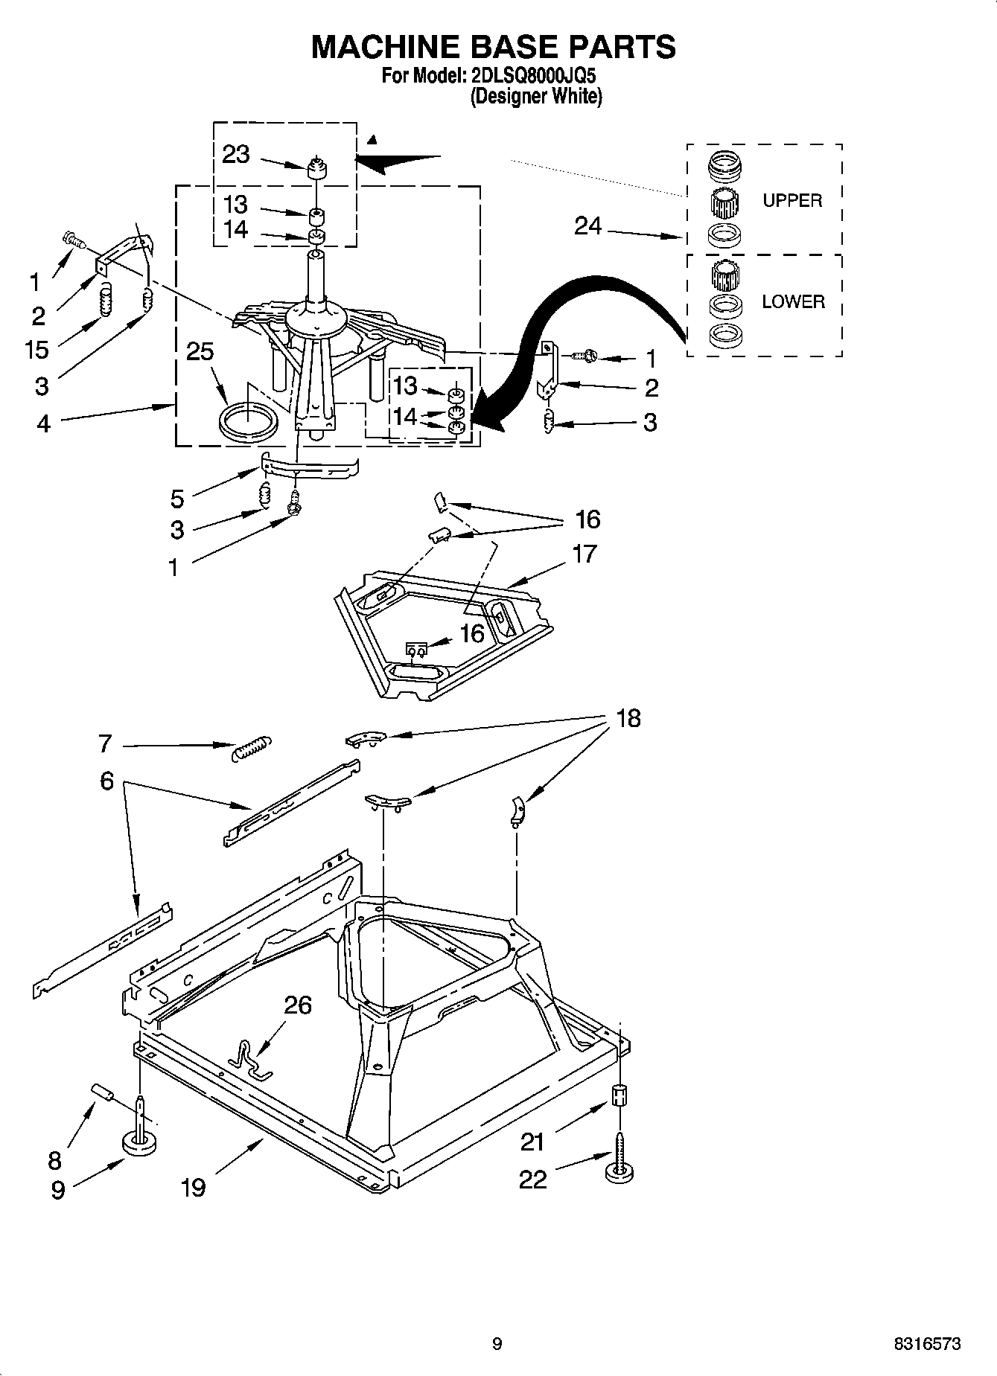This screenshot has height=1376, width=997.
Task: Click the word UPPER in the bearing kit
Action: pyautogui.click(x=792, y=200)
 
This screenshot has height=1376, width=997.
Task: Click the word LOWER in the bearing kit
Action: pyautogui.click(x=793, y=301)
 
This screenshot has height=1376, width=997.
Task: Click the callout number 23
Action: pyautogui.click(x=236, y=154)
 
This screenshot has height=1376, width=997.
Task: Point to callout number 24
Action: pyautogui.click(x=587, y=225)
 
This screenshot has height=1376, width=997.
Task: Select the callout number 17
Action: pyautogui.click(x=585, y=554)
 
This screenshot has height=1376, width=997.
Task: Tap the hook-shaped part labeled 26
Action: pyautogui.click(x=250, y=1058)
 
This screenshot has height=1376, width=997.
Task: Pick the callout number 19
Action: pyautogui.click(x=193, y=1186)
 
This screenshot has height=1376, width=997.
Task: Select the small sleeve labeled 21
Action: pyautogui.click(x=619, y=1097)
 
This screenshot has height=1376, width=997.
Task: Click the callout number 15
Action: pyautogui.click(x=36, y=349)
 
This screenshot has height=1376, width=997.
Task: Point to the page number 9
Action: pyautogui.click(x=497, y=1343)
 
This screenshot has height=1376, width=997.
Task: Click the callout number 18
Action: pyautogui.click(x=628, y=718)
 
